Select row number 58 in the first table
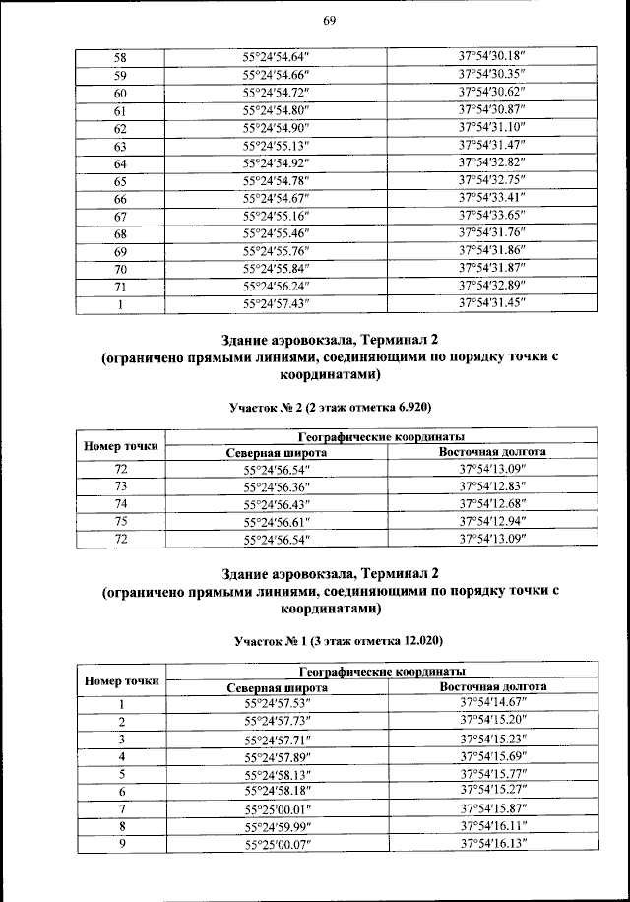tap(120, 58)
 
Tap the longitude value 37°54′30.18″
tap(493, 57)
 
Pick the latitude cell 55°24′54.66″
tap(276, 76)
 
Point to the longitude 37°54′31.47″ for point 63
tap(493, 146)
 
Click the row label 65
tap(120, 181)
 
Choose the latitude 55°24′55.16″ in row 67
tap(276, 216)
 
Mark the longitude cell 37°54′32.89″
tap(493, 286)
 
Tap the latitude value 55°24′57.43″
tap(276, 303)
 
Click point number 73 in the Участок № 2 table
tap(121, 487)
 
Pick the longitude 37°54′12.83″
tap(493, 487)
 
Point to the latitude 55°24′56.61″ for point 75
tap(276, 522)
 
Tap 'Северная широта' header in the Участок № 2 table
tap(276, 452)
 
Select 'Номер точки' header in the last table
tap(121, 679)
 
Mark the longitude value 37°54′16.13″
tap(493, 845)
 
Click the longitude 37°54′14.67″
tap(493, 704)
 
